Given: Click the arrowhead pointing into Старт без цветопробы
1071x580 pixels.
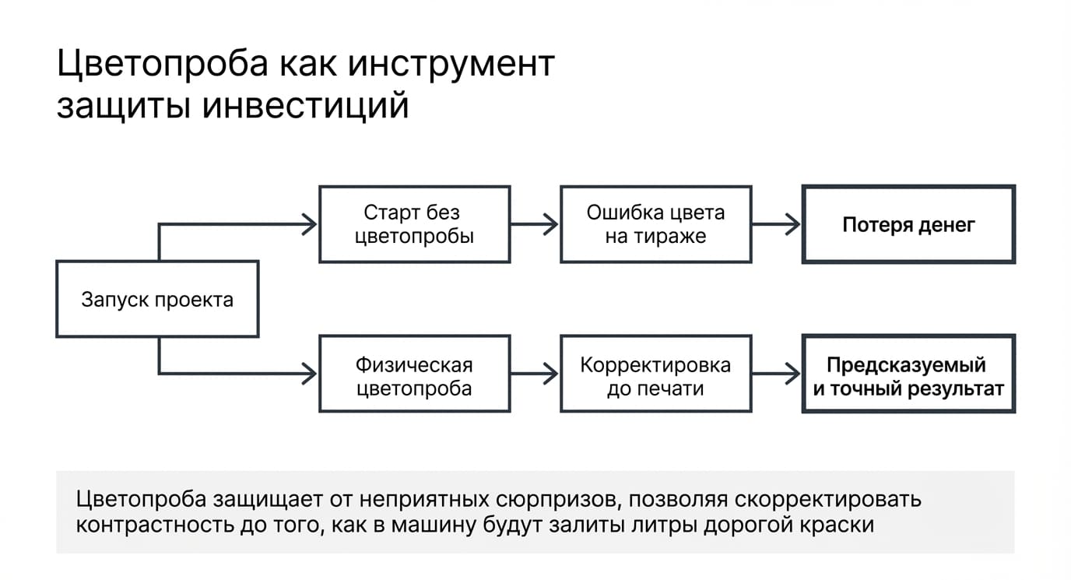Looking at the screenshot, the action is click(310, 224).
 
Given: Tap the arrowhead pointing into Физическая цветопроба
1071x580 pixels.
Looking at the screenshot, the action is click(310, 374).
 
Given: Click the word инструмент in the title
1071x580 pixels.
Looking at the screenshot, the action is click(451, 65).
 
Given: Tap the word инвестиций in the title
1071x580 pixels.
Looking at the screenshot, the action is click(305, 106).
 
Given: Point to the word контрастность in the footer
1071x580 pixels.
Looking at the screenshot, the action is click(155, 525).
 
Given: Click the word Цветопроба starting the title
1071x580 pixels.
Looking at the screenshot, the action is click(163, 65).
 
